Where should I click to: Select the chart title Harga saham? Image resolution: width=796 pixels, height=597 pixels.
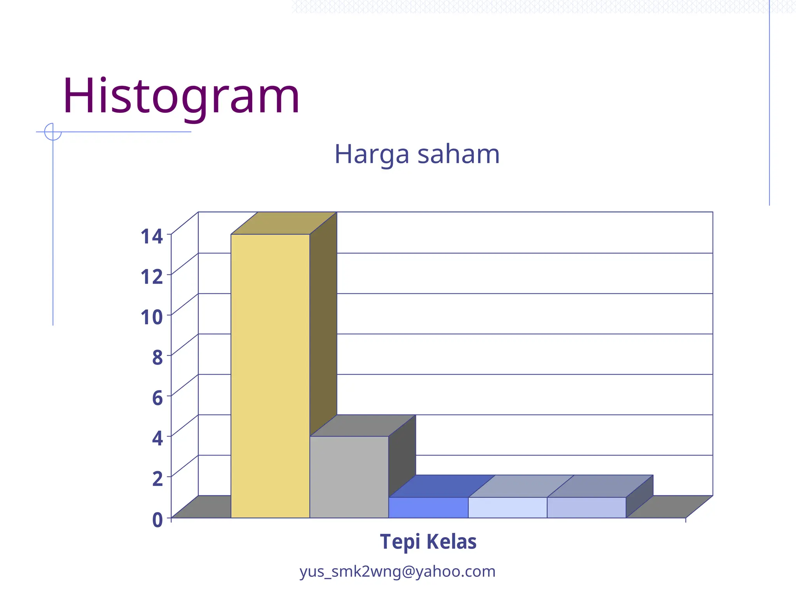click(x=417, y=154)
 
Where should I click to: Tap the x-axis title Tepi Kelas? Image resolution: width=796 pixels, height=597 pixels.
click(x=428, y=541)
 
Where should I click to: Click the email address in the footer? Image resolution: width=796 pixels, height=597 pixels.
click(x=397, y=571)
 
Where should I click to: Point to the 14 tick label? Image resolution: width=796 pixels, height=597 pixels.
click(x=152, y=236)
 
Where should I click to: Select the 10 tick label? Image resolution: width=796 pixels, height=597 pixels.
click(x=152, y=317)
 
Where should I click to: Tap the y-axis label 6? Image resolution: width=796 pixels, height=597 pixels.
click(x=157, y=398)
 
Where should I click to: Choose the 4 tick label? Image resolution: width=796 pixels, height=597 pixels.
click(x=157, y=438)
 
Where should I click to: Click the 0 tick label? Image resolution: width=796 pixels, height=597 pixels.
click(x=157, y=520)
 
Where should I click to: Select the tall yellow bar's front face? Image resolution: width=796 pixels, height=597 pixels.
click(x=270, y=375)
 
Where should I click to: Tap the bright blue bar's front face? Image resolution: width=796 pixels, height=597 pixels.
click(x=428, y=507)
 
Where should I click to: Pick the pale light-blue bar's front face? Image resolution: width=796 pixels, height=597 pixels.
click(x=507, y=507)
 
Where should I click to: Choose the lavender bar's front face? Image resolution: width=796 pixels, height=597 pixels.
click(x=586, y=507)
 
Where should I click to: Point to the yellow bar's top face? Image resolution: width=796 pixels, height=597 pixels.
click(x=284, y=223)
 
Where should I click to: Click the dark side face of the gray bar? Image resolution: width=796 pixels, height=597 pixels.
click(x=402, y=455)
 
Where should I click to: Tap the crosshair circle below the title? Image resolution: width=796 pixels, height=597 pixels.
click(x=53, y=132)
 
